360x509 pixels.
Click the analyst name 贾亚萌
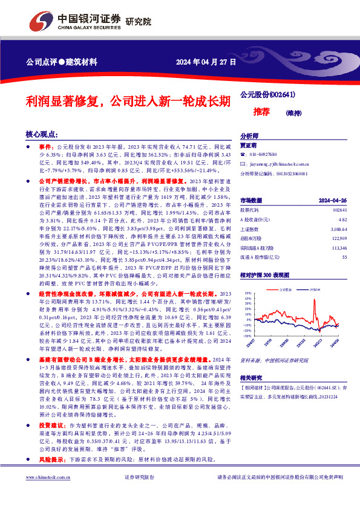point(249,146)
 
